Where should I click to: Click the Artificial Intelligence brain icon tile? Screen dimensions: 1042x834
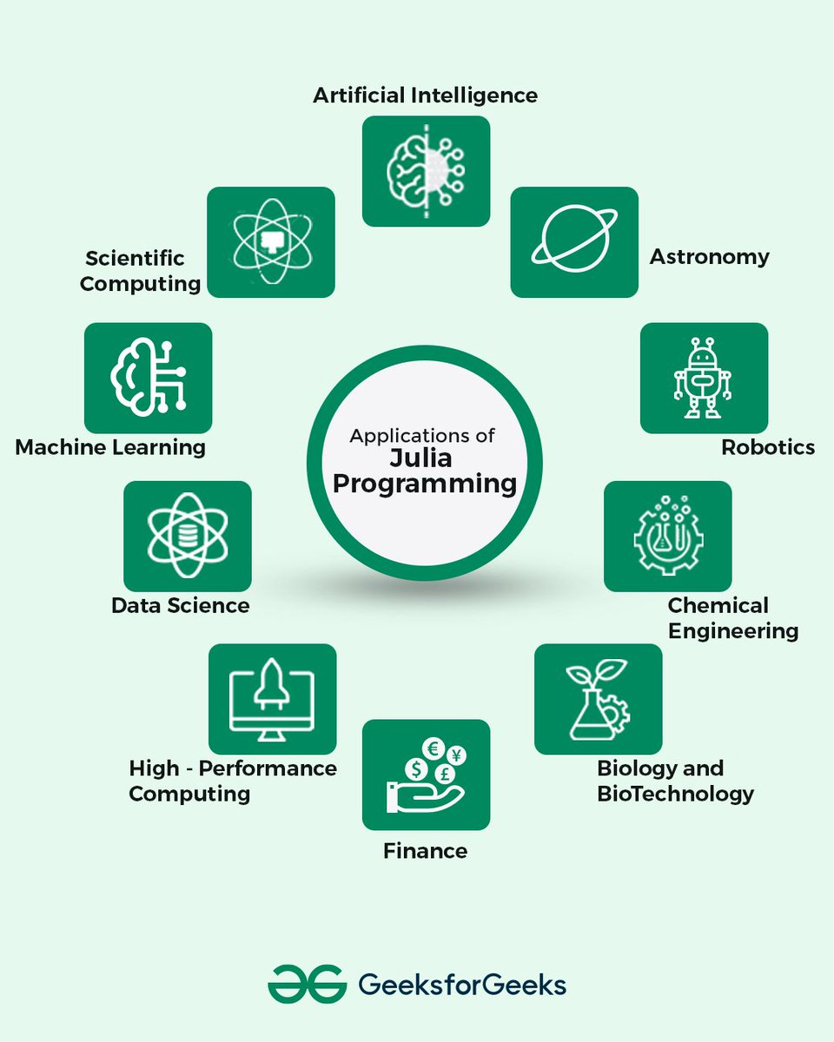426,171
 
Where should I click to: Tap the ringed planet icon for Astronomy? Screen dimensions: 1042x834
574,242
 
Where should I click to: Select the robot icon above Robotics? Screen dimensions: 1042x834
704,378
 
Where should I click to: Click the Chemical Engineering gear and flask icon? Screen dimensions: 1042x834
667,536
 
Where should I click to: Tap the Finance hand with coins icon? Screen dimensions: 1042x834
426,775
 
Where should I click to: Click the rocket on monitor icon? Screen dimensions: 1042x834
272,698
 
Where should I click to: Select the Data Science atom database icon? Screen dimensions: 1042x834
188,536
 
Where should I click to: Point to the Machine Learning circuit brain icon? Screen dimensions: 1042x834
148,378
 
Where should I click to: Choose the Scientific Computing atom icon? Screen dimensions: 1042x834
271,242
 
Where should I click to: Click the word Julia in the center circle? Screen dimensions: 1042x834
425,458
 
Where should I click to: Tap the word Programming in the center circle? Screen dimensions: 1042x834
425,483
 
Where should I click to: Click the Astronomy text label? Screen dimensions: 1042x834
710,257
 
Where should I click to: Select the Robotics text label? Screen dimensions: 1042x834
768,447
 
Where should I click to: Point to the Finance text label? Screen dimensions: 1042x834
425,851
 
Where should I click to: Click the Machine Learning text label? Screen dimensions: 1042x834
110,447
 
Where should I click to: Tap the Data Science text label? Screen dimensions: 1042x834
181,605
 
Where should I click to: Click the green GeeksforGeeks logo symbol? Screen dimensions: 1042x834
305,985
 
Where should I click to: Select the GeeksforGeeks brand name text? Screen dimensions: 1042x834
462,986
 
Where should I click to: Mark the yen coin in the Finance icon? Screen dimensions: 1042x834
456,754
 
